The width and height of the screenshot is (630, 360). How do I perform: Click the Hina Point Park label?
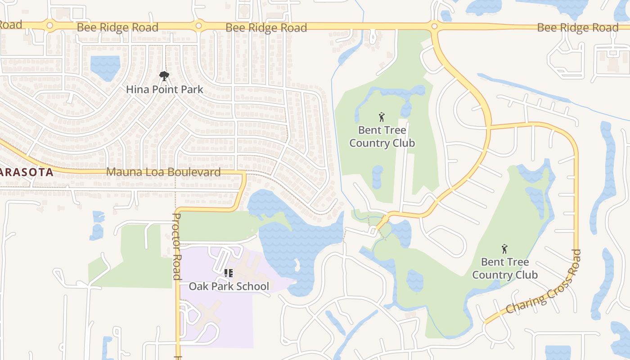tap(165, 90)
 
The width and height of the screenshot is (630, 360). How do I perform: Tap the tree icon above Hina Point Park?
tap(164, 76)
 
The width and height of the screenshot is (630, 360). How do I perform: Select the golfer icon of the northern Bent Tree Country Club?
tap(382, 117)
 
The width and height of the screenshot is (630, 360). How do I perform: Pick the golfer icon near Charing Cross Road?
tap(504, 249)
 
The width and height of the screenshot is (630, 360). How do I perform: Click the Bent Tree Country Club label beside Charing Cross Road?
tap(505, 268)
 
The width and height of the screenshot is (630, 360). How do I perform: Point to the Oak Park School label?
tap(229, 286)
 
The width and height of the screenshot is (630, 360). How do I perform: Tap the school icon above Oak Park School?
tap(229, 273)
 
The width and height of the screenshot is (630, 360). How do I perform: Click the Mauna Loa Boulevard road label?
tap(163, 172)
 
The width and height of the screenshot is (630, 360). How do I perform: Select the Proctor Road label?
tap(177, 246)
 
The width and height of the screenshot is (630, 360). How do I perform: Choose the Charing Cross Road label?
tap(544, 282)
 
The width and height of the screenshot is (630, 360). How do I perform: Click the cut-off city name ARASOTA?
tap(27, 171)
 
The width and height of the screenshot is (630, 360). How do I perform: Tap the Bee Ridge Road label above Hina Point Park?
tap(117, 27)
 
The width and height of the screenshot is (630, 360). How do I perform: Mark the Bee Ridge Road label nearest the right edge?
tap(578, 28)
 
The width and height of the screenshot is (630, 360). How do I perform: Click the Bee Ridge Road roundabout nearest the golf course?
tap(434, 27)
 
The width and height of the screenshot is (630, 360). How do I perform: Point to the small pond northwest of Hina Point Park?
tap(105, 67)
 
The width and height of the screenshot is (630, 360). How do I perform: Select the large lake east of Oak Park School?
tap(297, 238)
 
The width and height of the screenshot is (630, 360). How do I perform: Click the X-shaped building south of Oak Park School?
tap(207, 315)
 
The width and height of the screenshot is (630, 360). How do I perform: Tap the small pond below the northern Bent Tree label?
tap(378, 177)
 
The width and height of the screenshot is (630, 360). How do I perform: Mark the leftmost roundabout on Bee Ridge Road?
tap(50, 26)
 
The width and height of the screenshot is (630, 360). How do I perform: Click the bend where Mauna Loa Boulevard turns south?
tap(243, 175)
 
